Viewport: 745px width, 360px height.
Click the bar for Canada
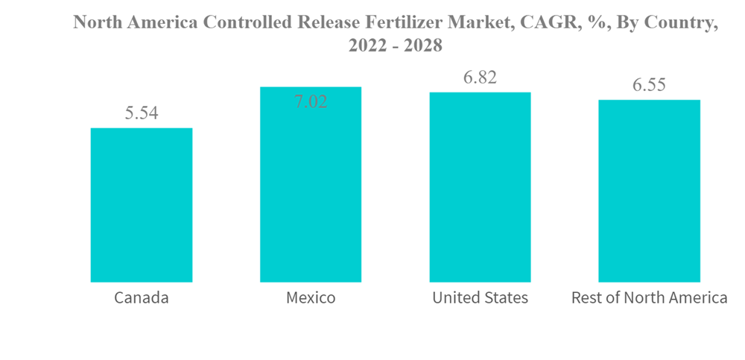pos(142,205)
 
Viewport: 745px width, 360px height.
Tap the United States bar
pos(480,187)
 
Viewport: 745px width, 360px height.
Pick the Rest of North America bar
pos(649,191)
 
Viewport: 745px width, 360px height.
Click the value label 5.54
pos(142,113)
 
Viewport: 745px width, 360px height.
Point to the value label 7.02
pos(311,102)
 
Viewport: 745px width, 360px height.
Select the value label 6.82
pos(480,78)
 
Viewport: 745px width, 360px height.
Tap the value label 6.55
pos(649,85)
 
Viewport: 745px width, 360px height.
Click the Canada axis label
pos(142,298)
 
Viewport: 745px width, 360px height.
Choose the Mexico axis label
pos(311,298)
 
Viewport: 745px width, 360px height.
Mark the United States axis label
pos(480,298)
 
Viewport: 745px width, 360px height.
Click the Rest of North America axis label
pos(649,298)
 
